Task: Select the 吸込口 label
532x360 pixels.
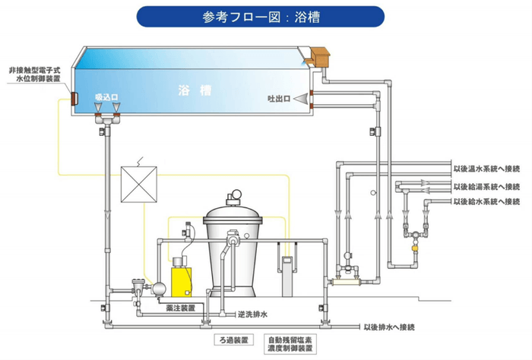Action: pos(106,97)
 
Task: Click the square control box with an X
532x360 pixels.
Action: pos(139,184)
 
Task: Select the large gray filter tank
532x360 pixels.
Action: pos(233,251)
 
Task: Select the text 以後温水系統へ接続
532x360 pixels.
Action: pos(486,169)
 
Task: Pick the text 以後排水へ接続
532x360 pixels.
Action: pos(388,327)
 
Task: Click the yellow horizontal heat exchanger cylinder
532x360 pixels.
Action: pos(346,281)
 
